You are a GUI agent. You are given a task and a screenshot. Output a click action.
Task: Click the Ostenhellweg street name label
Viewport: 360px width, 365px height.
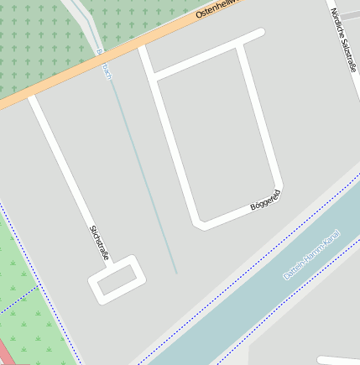(x=217, y=9)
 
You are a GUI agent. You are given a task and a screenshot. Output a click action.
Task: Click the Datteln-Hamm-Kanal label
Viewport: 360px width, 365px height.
(x=310, y=255)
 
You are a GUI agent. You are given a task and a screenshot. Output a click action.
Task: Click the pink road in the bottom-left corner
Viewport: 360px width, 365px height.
(x=7, y=353)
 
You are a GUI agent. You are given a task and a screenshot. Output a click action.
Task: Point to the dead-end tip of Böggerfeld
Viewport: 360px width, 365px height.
(x=261, y=34)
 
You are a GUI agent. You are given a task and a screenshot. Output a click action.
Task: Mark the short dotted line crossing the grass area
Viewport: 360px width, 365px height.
(x=18, y=300)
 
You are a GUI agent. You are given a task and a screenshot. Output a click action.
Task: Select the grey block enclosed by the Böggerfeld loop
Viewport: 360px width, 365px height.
(x=218, y=134)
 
